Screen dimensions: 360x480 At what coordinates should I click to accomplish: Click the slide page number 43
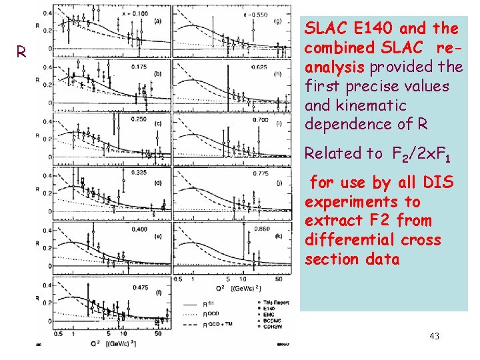pos(435,335)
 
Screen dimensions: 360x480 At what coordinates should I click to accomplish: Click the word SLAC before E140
pos(325,29)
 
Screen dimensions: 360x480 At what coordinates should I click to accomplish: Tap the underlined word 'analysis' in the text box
pos(334,67)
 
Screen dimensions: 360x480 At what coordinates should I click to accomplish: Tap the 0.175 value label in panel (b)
pos(139,67)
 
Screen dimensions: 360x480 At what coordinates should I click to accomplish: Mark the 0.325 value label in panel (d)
pos(139,173)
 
